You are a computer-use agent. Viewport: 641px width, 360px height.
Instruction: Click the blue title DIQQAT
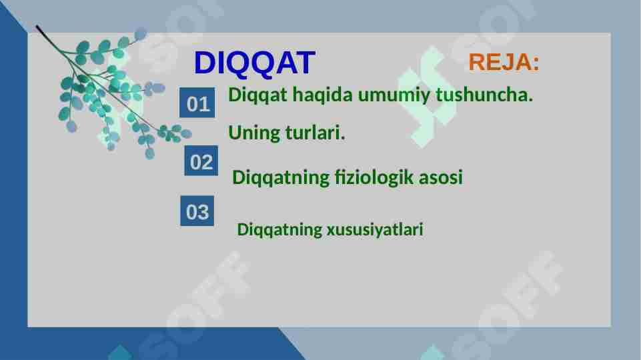pyautogui.click(x=253, y=63)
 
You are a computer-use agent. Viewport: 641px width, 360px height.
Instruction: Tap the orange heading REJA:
pyautogui.click(x=504, y=63)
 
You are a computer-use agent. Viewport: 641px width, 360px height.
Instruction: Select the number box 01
pyautogui.click(x=198, y=105)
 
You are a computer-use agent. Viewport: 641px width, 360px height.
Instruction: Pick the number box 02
pyautogui.click(x=201, y=163)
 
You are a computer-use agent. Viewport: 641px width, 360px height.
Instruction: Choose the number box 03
pyautogui.click(x=197, y=213)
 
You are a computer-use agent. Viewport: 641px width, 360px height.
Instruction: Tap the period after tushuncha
pyautogui.click(x=530, y=100)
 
